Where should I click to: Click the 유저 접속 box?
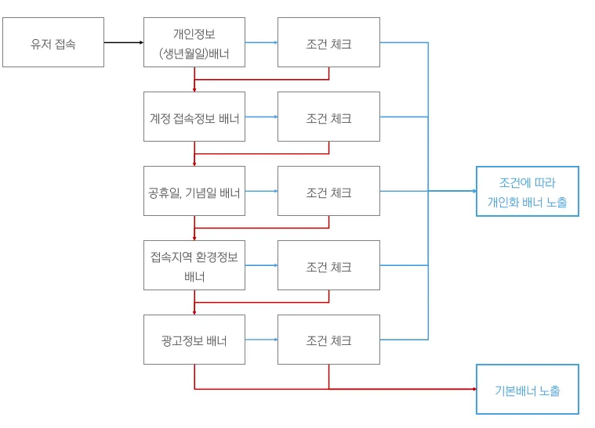(x=53, y=42)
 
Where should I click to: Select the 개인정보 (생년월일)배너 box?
(x=194, y=42)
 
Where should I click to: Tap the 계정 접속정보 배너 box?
(x=194, y=117)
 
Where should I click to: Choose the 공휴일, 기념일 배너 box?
(x=194, y=191)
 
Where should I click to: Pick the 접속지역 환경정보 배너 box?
(x=194, y=265)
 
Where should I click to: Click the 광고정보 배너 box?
(x=194, y=340)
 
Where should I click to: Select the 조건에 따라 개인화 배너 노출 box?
(x=527, y=191)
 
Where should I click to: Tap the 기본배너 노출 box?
(x=527, y=389)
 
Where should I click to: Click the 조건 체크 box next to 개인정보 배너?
(x=328, y=42)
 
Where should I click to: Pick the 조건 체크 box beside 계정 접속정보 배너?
(x=328, y=117)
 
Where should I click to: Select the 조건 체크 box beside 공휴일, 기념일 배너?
(x=328, y=191)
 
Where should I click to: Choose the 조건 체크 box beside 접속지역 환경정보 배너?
(x=328, y=265)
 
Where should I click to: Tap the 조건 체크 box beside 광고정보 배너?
(x=328, y=340)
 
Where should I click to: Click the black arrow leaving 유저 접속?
(x=124, y=42)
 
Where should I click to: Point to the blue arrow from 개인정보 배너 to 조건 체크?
(x=261, y=42)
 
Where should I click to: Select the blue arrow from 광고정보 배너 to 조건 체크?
(x=261, y=340)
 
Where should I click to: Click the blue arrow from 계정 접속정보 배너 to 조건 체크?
(x=261, y=117)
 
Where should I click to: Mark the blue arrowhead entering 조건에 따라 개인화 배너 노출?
(x=473, y=191)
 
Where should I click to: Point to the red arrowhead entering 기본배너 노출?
(x=473, y=389)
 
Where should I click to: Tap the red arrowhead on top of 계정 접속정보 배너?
(x=194, y=89)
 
